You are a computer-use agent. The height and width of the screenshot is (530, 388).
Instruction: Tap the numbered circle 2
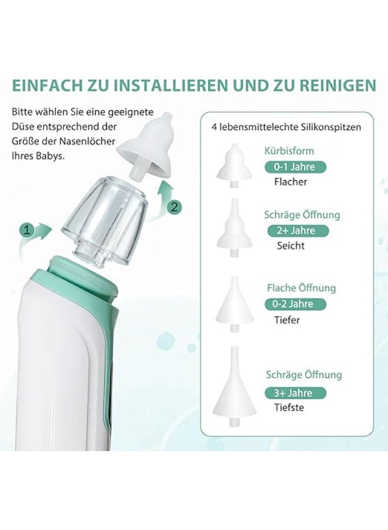pos(174,207)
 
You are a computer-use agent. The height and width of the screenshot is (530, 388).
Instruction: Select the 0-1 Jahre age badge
pos(295,167)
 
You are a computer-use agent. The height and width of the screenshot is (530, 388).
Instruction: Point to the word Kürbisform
pos(289,151)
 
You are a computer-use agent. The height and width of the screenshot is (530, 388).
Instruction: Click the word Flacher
pos(290,182)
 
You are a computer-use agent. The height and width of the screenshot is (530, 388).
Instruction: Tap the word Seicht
pos(290,246)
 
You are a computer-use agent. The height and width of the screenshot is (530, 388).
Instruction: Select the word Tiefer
pos(287,320)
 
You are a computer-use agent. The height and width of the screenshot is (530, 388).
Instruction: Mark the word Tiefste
pos(289,408)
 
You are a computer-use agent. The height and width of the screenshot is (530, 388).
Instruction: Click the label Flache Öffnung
pos(302,288)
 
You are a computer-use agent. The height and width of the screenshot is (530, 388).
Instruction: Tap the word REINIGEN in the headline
pos(337,85)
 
